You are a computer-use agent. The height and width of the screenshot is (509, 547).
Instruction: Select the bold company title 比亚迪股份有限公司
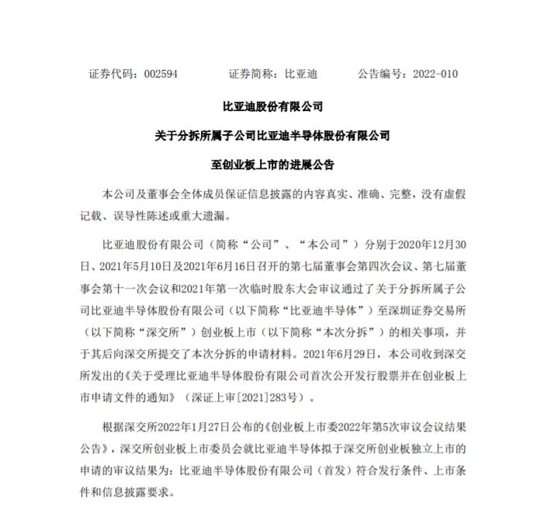pyautogui.click(x=272, y=106)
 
